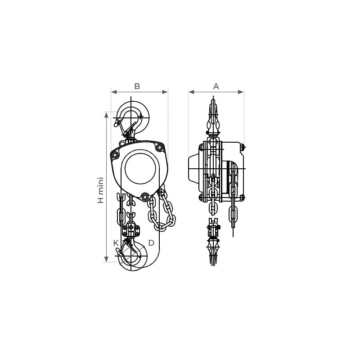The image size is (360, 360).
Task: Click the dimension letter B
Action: (137, 86)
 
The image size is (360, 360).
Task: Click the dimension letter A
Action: (216, 86)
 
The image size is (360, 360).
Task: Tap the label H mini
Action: (101, 190)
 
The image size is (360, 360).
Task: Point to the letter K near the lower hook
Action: (116, 243)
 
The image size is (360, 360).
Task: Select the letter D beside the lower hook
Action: (151, 243)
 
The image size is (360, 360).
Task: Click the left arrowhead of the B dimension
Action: (114, 92)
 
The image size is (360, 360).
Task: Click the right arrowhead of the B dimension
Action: (165, 92)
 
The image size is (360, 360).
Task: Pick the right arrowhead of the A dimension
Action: (241, 92)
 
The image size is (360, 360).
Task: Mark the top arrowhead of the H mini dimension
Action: (106, 115)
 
